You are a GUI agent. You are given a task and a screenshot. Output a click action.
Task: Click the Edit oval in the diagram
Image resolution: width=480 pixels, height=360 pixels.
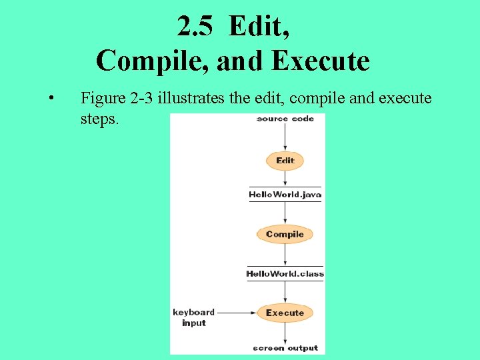285,161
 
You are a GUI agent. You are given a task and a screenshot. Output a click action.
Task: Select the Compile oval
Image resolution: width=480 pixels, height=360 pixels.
285,234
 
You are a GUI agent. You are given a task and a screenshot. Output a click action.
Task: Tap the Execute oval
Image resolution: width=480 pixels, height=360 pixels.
285,313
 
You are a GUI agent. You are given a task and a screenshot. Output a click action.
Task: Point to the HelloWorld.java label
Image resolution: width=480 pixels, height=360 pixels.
285,195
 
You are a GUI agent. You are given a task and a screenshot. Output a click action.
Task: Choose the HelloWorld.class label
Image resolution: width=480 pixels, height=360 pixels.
285,273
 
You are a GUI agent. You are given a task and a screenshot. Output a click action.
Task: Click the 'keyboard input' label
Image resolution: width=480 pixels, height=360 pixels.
193,317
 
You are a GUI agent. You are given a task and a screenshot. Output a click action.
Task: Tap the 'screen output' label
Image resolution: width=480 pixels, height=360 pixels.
285,347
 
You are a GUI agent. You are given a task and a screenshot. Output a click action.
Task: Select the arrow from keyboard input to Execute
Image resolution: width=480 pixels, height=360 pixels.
237,313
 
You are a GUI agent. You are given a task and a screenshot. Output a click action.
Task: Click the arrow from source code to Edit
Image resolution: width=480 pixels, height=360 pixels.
285,137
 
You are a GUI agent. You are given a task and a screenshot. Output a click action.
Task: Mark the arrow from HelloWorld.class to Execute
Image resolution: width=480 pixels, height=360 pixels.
285,291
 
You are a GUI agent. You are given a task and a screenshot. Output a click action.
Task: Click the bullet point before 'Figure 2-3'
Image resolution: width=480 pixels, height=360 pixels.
51,100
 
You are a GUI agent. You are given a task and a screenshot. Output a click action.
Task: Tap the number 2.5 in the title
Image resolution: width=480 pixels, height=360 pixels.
196,26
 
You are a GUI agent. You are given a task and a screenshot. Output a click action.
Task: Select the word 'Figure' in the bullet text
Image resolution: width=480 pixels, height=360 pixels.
102,99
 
